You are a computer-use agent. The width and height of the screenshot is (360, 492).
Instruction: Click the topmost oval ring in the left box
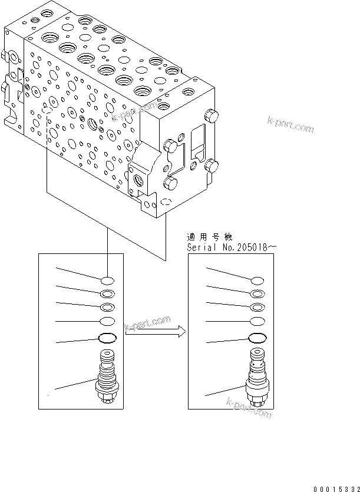click(x=107, y=280)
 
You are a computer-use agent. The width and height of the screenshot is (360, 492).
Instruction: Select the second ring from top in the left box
click(x=107, y=293)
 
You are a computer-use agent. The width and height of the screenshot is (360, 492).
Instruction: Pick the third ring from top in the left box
click(x=107, y=306)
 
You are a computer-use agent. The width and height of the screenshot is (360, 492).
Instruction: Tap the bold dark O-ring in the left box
click(x=107, y=338)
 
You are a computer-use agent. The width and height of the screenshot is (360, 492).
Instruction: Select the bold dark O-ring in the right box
click(x=257, y=338)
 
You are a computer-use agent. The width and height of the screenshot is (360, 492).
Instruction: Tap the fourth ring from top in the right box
click(x=257, y=321)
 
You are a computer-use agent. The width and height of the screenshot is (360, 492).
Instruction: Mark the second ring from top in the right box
click(x=257, y=294)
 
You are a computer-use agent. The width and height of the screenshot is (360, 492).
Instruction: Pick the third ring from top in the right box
click(x=257, y=307)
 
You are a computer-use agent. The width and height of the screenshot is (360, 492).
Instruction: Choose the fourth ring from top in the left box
click(x=107, y=321)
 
